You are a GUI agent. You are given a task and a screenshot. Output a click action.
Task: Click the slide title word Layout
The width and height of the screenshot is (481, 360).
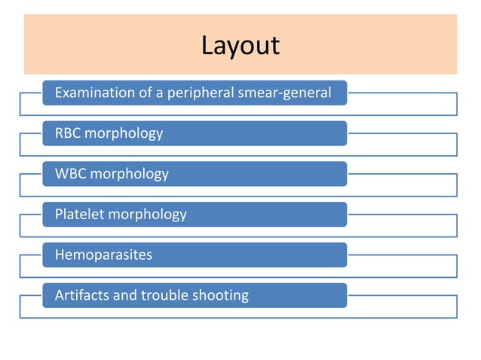click(x=240, y=45)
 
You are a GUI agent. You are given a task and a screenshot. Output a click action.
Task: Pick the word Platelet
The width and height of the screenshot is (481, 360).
click(x=80, y=215)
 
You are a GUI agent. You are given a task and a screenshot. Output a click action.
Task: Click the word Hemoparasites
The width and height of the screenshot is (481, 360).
click(x=103, y=255)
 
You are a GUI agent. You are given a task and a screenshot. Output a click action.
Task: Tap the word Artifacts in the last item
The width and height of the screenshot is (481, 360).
click(x=81, y=295)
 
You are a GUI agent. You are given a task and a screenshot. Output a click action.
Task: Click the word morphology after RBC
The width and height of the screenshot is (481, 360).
click(x=124, y=133)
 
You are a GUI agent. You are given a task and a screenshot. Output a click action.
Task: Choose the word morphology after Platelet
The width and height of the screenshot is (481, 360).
click(x=147, y=215)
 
